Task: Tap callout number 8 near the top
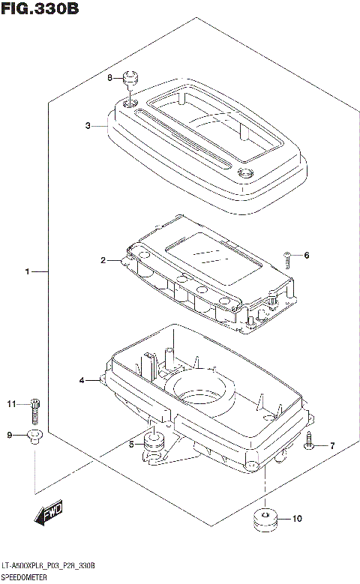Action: coord(109,78)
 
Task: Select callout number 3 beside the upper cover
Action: coord(88,126)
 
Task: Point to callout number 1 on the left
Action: coord(27,271)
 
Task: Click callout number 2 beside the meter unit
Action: coord(103,260)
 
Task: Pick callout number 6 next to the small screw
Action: coord(306,256)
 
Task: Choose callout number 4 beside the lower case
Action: coord(82,381)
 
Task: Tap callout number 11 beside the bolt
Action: coord(12,405)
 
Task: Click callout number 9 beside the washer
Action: coord(10,435)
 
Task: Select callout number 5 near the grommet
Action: coord(132,444)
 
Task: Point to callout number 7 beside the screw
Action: coord(332,446)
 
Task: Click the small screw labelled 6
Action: coord(289,258)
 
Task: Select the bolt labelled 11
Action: coord(34,409)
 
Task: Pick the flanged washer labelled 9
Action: coord(34,436)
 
